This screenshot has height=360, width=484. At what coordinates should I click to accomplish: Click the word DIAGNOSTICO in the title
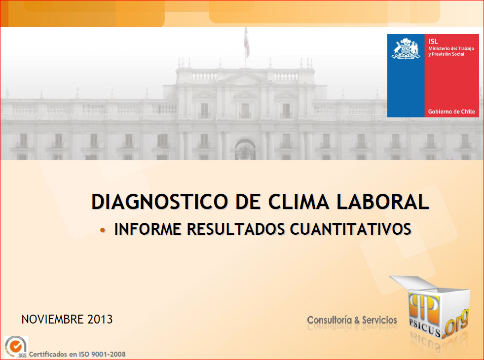click(159, 202)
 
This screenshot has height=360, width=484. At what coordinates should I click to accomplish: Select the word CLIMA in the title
click(298, 202)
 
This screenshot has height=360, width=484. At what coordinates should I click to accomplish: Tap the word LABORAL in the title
click(383, 202)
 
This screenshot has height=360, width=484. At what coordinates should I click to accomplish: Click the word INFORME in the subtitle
click(148, 229)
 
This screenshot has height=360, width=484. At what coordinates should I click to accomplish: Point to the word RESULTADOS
click(236, 229)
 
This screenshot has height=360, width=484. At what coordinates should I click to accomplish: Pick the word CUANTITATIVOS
click(351, 229)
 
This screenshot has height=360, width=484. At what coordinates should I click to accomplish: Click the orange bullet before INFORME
click(103, 230)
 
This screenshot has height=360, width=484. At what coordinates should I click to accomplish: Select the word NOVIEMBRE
click(52, 319)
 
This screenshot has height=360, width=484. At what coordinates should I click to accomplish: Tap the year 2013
click(100, 319)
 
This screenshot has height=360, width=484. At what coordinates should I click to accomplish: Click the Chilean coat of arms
click(406, 48)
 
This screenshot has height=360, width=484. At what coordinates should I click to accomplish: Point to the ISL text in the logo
click(433, 41)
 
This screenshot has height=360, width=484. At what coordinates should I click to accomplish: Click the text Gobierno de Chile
click(451, 111)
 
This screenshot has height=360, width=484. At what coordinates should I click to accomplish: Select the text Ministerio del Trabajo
click(451, 48)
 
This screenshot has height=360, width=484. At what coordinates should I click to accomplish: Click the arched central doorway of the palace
click(245, 149)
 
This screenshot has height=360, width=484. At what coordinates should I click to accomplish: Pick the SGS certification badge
click(16, 347)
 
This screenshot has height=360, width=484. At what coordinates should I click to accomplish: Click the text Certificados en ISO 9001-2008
click(77, 354)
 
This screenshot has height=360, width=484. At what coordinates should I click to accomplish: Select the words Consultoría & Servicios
click(352, 320)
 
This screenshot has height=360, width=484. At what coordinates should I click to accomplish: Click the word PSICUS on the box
click(425, 328)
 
